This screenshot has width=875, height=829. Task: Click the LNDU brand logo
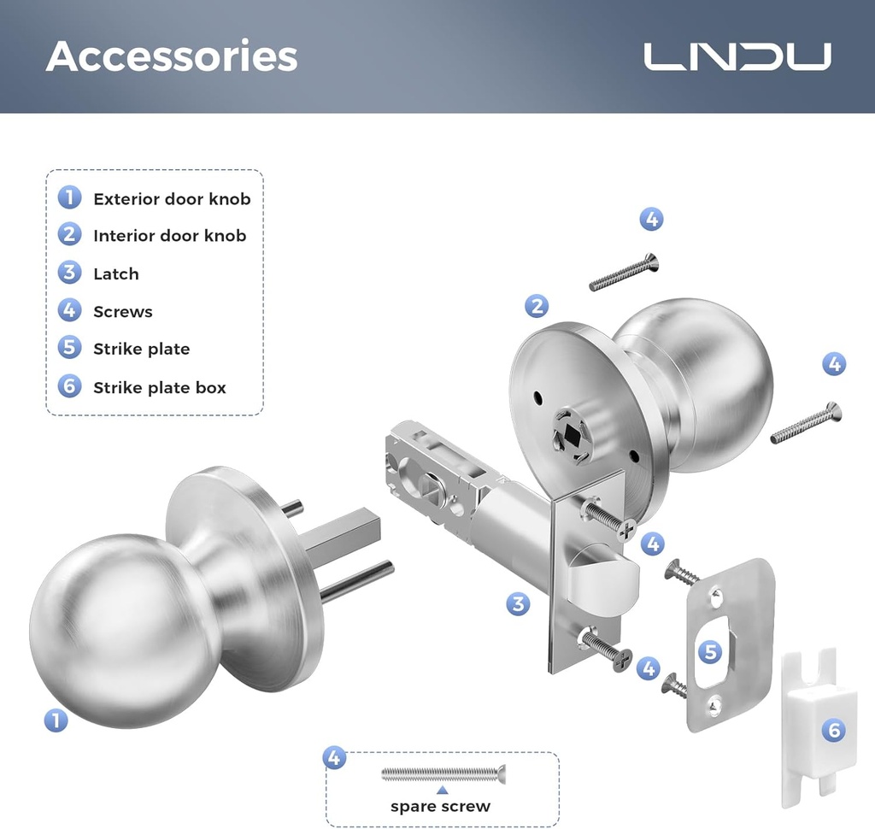click(x=737, y=56)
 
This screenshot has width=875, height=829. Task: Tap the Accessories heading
click(x=172, y=56)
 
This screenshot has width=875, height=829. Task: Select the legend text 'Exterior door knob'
click(x=172, y=199)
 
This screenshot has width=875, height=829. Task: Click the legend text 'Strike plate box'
click(x=160, y=387)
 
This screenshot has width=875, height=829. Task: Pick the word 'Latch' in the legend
click(x=115, y=273)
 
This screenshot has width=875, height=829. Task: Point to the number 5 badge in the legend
click(x=69, y=348)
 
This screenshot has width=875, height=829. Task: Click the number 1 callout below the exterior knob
click(x=56, y=720)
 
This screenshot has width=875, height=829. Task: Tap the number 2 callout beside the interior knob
click(x=537, y=305)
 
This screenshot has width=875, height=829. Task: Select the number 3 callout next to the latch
click(x=518, y=604)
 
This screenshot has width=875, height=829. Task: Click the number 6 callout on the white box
click(x=834, y=730)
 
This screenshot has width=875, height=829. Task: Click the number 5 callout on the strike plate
click(x=710, y=653)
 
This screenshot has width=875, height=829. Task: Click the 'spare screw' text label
click(x=440, y=806)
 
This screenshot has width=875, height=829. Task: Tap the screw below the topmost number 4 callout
click(x=624, y=273)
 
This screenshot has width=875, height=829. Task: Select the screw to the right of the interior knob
click(x=806, y=424)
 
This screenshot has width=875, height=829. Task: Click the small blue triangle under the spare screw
click(x=442, y=791)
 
